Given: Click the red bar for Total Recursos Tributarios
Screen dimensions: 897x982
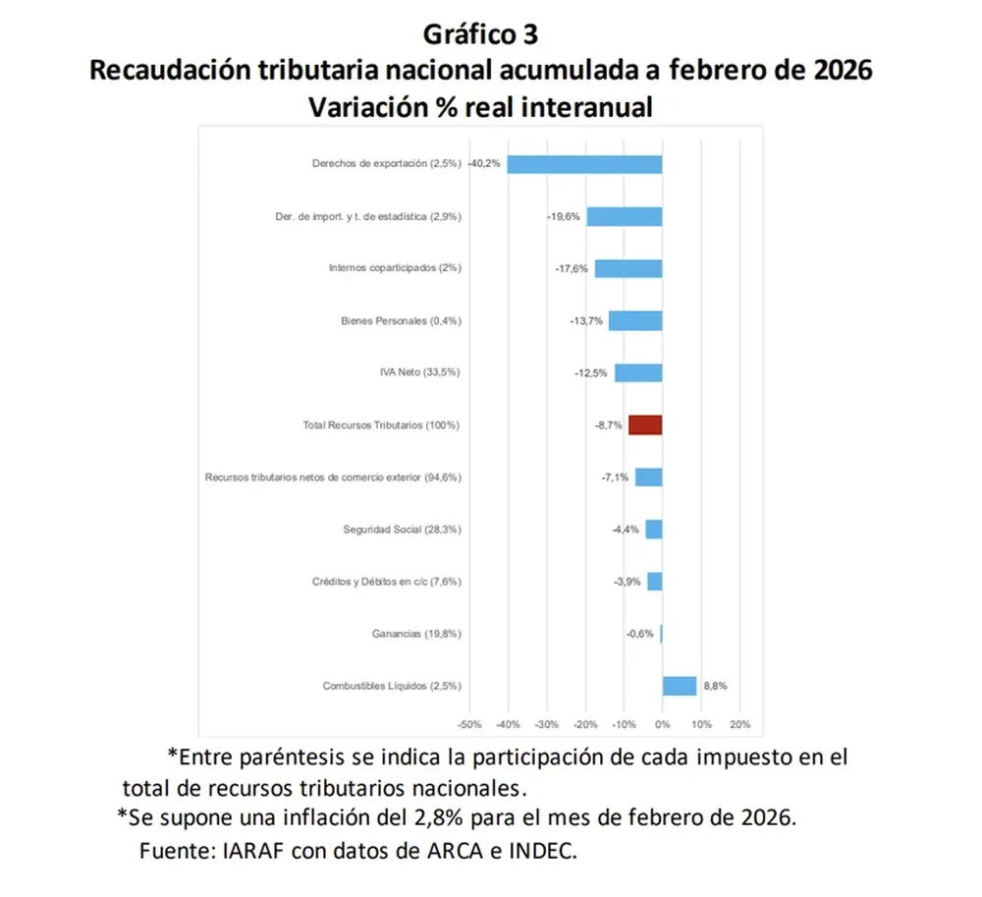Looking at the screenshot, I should [x=645, y=424].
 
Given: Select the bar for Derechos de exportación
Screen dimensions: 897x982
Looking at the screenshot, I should [x=584, y=163].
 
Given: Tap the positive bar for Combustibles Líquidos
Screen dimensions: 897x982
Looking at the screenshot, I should [x=679, y=686].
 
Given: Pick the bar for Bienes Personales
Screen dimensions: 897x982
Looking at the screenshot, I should [x=635, y=320].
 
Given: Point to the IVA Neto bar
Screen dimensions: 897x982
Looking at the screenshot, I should [x=638, y=372].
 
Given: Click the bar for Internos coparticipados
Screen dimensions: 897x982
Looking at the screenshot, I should [x=628, y=268].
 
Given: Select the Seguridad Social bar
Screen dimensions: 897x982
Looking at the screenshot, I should [x=653, y=530].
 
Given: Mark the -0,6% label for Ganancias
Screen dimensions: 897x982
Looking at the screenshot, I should [x=639, y=634].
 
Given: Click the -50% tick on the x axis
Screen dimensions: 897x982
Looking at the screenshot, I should [x=469, y=725].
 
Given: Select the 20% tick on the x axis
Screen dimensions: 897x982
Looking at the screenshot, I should [x=739, y=725].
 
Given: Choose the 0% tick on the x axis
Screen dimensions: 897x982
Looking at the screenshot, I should [x=663, y=725].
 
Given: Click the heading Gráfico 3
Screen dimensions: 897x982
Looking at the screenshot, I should [x=480, y=34].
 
